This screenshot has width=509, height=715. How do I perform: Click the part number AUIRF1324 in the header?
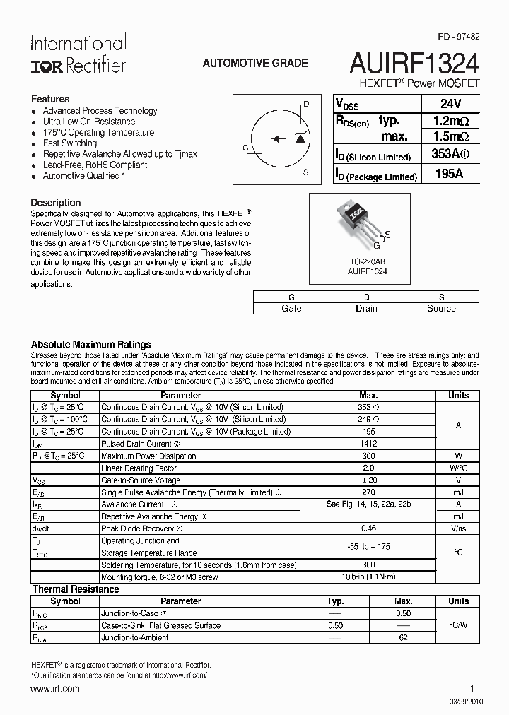point(414,64)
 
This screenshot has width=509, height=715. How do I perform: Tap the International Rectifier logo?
point(78,54)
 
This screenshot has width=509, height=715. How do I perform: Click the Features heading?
point(50,99)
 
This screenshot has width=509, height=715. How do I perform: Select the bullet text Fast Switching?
point(70,143)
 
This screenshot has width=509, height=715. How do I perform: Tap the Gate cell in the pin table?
point(291,308)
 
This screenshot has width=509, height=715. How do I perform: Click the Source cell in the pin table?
point(441,308)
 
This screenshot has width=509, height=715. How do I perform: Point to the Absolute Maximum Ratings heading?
point(91,344)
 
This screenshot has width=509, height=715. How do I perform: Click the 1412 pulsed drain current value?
point(368,444)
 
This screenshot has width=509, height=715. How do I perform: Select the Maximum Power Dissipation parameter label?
point(148,456)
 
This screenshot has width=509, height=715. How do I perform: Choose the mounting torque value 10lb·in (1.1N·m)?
point(368,577)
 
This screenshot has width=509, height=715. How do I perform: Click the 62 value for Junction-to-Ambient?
point(404,637)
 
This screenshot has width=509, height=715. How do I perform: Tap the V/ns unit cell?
point(458,528)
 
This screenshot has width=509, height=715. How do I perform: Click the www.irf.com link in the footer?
point(55,688)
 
